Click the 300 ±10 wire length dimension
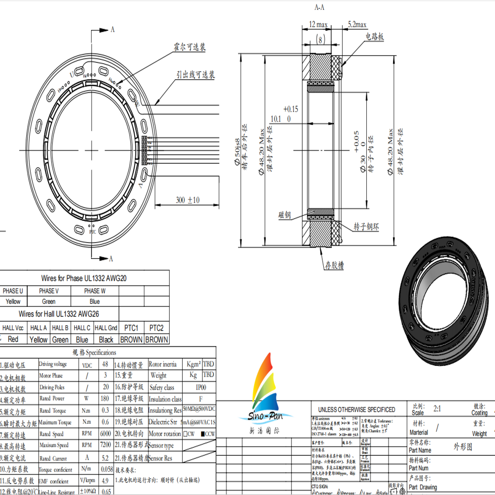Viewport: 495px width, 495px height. (188, 200)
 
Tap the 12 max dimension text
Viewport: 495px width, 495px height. (318, 24)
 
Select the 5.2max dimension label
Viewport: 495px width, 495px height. (357, 24)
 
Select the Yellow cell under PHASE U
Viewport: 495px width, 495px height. (13, 301)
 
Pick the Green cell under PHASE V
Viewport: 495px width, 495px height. (49, 301)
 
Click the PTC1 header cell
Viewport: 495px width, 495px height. (131, 328)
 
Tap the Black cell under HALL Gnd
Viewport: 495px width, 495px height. (106, 340)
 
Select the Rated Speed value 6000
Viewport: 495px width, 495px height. (105, 433)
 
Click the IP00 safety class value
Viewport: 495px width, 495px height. (200, 387)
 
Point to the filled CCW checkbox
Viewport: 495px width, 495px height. (203, 434)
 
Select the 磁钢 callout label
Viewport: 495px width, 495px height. (285, 215)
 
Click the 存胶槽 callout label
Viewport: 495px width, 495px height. (334, 265)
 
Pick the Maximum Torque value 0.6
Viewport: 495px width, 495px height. (105, 422)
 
